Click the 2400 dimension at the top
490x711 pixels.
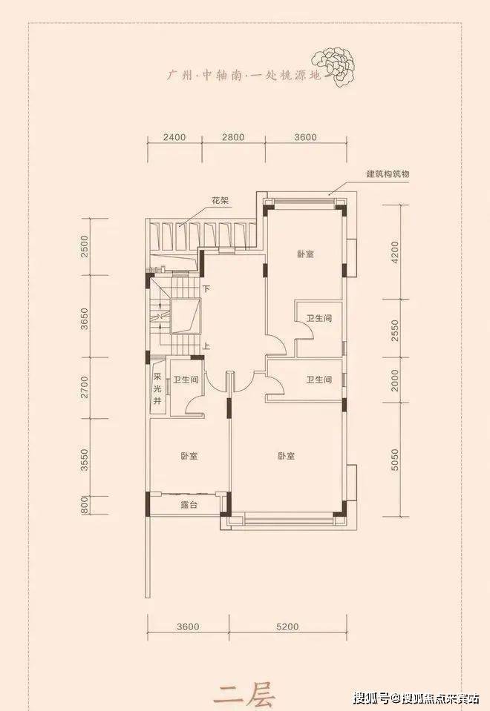click(x=174, y=137)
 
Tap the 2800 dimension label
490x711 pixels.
click(x=233, y=137)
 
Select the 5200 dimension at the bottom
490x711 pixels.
click(x=287, y=626)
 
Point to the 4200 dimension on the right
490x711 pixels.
click(x=394, y=253)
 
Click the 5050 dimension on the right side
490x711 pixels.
click(x=394, y=460)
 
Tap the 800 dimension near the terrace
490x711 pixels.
click(x=85, y=506)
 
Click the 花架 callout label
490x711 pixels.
click(x=220, y=200)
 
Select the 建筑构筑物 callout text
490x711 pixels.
click(x=388, y=173)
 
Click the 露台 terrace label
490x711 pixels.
click(x=189, y=504)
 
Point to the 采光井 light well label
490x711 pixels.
click(x=157, y=388)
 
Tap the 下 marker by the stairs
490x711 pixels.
click(x=206, y=288)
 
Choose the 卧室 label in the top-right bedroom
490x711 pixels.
click(x=306, y=254)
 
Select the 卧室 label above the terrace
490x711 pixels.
click(x=189, y=456)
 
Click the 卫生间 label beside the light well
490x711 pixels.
click(x=186, y=380)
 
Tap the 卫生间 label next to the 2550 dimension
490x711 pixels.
click(x=318, y=319)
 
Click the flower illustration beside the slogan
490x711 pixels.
click(x=334, y=66)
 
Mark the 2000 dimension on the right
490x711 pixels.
click(x=394, y=380)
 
